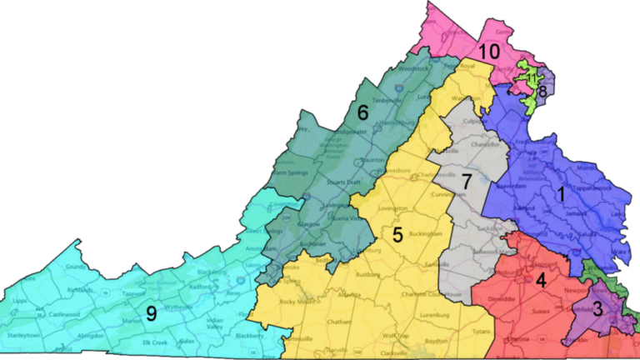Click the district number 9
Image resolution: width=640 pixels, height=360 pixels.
152,314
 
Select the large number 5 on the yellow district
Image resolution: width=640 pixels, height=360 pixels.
398,234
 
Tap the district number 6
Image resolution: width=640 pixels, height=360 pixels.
362,112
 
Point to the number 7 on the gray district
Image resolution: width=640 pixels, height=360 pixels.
467,181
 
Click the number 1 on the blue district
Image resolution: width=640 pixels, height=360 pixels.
561,193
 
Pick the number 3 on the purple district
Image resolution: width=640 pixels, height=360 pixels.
598,309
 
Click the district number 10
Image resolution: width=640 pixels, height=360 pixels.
489,52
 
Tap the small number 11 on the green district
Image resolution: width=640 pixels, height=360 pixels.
531,78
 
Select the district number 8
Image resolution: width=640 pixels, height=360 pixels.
543,92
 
